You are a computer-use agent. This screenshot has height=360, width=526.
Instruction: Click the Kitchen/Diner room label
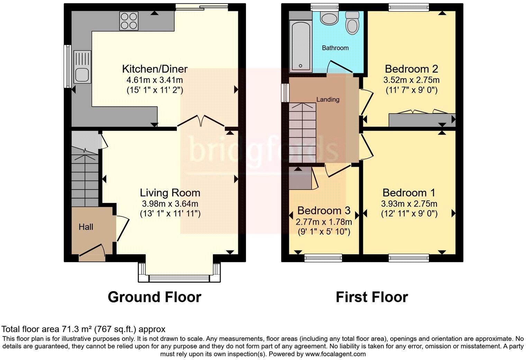click(155, 69)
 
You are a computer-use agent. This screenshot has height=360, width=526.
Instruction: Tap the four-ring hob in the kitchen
click(128, 21)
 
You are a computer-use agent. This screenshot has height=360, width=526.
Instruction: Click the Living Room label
click(170, 193)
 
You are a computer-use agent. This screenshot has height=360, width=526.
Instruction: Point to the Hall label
click(86, 227)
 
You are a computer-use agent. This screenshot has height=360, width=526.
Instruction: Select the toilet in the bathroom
click(353, 22)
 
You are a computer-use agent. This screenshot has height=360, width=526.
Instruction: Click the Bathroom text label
click(335, 48)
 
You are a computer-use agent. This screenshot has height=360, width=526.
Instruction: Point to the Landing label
click(328, 100)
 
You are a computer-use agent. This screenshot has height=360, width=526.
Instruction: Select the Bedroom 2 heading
click(411, 69)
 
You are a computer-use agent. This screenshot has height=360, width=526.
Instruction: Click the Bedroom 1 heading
click(409, 193)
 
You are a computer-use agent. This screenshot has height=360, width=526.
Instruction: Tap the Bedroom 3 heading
click(324, 210)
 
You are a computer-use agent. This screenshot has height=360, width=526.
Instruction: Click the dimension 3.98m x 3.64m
click(170, 204)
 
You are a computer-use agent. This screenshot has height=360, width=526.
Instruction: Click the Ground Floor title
click(154, 297)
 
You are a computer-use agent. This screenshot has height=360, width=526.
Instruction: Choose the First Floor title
click(372, 297)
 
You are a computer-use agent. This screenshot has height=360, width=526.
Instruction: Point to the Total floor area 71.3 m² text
click(84, 329)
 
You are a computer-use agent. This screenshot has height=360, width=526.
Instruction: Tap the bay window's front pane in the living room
click(179, 278)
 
